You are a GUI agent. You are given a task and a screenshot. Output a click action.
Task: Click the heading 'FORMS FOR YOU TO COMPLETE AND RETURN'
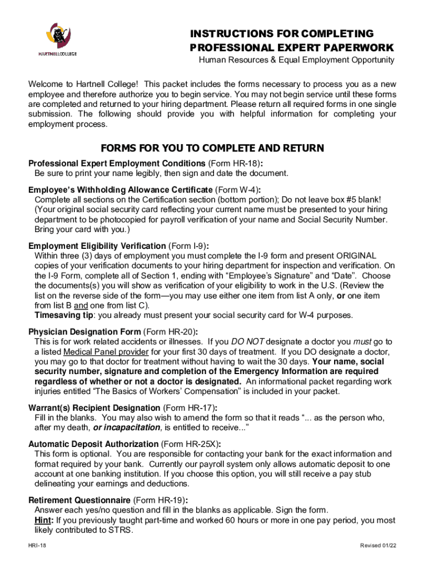212,149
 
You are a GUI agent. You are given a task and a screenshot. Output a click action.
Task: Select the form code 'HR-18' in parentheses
242,163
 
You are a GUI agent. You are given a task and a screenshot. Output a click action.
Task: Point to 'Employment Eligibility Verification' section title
97,245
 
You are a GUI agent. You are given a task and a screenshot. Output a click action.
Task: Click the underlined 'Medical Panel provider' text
106,352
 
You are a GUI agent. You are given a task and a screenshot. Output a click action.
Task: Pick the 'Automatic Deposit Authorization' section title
93,444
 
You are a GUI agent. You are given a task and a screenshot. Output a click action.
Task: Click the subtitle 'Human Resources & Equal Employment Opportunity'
296,60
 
